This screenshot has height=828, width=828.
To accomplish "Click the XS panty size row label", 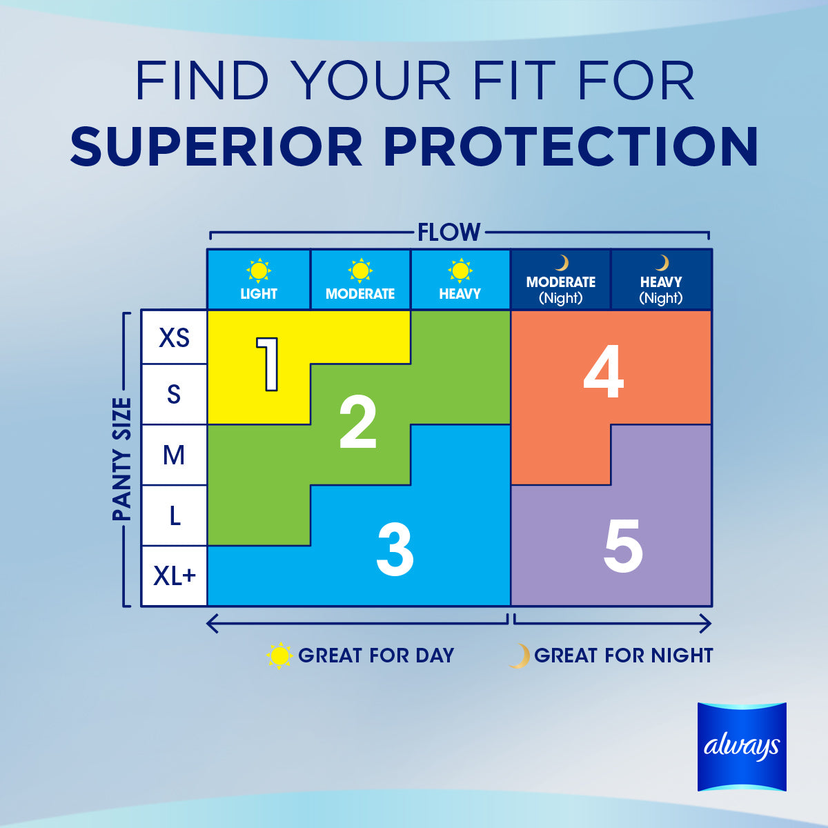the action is pos(174,337).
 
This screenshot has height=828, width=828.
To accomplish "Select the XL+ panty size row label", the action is pos(175,575).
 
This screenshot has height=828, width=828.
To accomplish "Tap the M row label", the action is pos(174,455).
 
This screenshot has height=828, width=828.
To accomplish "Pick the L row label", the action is pos(175,515).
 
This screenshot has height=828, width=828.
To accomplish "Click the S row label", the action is pos(174,394).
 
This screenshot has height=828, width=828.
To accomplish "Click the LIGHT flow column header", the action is pos(259,294).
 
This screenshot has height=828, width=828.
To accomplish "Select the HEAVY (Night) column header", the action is pos(661,290).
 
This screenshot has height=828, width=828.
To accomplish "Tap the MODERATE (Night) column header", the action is pos(561,290).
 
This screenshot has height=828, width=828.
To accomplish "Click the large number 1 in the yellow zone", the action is pos(268,364).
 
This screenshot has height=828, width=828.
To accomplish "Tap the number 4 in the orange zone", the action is pos(603,372).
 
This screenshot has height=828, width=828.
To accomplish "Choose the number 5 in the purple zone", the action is pos(623,546).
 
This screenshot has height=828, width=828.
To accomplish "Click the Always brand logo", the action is pos(742,747).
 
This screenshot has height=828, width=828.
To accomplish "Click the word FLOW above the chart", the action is pos(449,233).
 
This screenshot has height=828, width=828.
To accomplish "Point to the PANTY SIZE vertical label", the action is pos(121,459).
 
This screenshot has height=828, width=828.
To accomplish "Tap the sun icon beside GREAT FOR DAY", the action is pos(279,655).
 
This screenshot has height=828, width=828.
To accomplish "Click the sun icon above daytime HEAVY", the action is pos(460,270).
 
